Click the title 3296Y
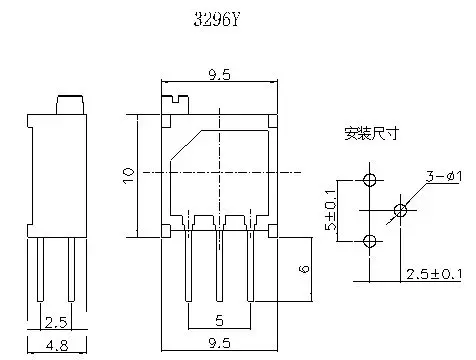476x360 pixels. click(216, 20)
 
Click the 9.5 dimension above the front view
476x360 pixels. click(219, 74)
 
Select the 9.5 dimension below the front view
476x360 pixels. click(219, 343)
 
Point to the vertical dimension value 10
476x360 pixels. click(129, 175)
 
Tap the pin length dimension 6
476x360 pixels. click(304, 269)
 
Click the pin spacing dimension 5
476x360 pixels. click(219, 320)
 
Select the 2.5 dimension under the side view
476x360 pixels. click(56, 322)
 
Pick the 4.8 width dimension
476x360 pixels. click(57, 345)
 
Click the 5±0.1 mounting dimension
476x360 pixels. click(331, 210)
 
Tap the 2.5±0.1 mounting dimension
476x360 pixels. click(434, 274)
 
